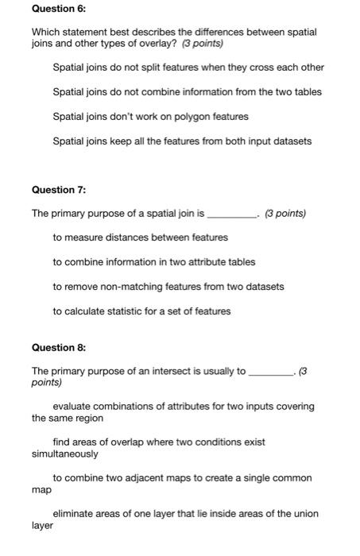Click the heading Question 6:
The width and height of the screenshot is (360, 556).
(x=58, y=7)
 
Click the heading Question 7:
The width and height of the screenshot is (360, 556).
(x=58, y=190)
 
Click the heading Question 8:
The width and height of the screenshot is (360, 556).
(x=58, y=347)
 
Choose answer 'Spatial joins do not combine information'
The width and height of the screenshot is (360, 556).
(x=187, y=92)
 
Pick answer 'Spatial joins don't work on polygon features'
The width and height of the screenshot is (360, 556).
(x=150, y=117)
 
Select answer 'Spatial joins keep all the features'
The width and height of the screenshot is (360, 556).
(x=182, y=141)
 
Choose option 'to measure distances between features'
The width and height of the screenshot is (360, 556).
(x=140, y=237)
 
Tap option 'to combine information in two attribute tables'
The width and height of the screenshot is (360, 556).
(x=154, y=262)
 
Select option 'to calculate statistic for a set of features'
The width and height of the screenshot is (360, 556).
(x=141, y=311)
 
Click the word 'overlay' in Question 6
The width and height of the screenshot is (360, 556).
(x=129, y=44)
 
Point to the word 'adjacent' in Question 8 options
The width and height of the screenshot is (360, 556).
(x=149, y=478)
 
